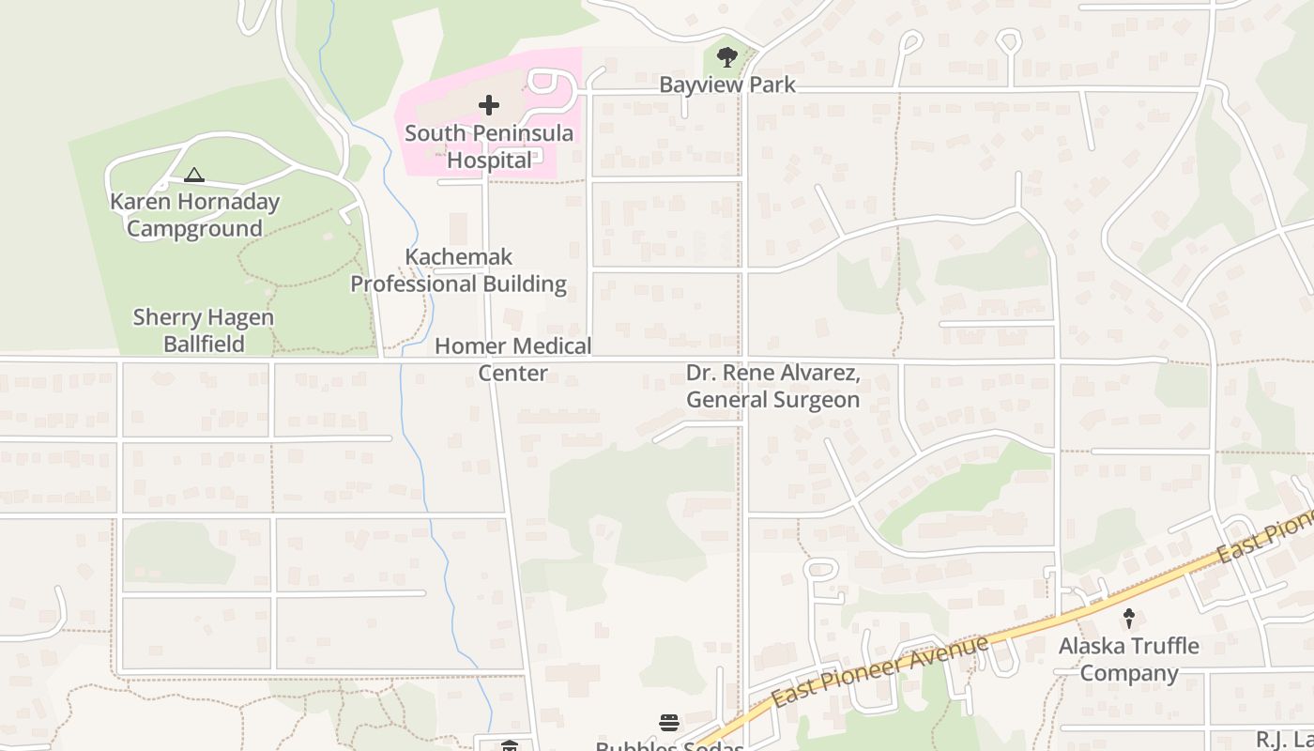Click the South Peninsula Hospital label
[489, 146]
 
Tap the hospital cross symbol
[489, 105]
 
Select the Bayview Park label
[727, 84]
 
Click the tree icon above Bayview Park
[726, 56]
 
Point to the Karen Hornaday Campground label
[194, 215]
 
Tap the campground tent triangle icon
[194, 175]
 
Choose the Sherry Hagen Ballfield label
[204, 330]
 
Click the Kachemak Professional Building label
[459, 270]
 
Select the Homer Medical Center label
[513, 360]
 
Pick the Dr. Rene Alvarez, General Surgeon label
[772, 386]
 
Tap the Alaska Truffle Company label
[1129, 659]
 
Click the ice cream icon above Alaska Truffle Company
[1129, 619]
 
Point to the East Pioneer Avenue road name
[880, 671]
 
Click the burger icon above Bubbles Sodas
[669, 722]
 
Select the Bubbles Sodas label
[669, 745]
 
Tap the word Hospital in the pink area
[489, 161]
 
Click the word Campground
[194, 229]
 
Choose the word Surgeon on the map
[814, 400]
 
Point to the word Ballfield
[204, 345]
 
